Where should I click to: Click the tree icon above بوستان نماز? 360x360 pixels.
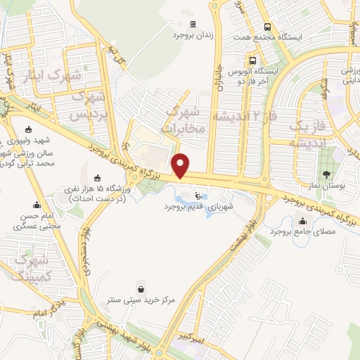(325, 173)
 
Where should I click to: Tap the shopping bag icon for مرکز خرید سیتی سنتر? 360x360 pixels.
(142, 288)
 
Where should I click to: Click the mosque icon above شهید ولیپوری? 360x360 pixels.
(27, 129)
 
